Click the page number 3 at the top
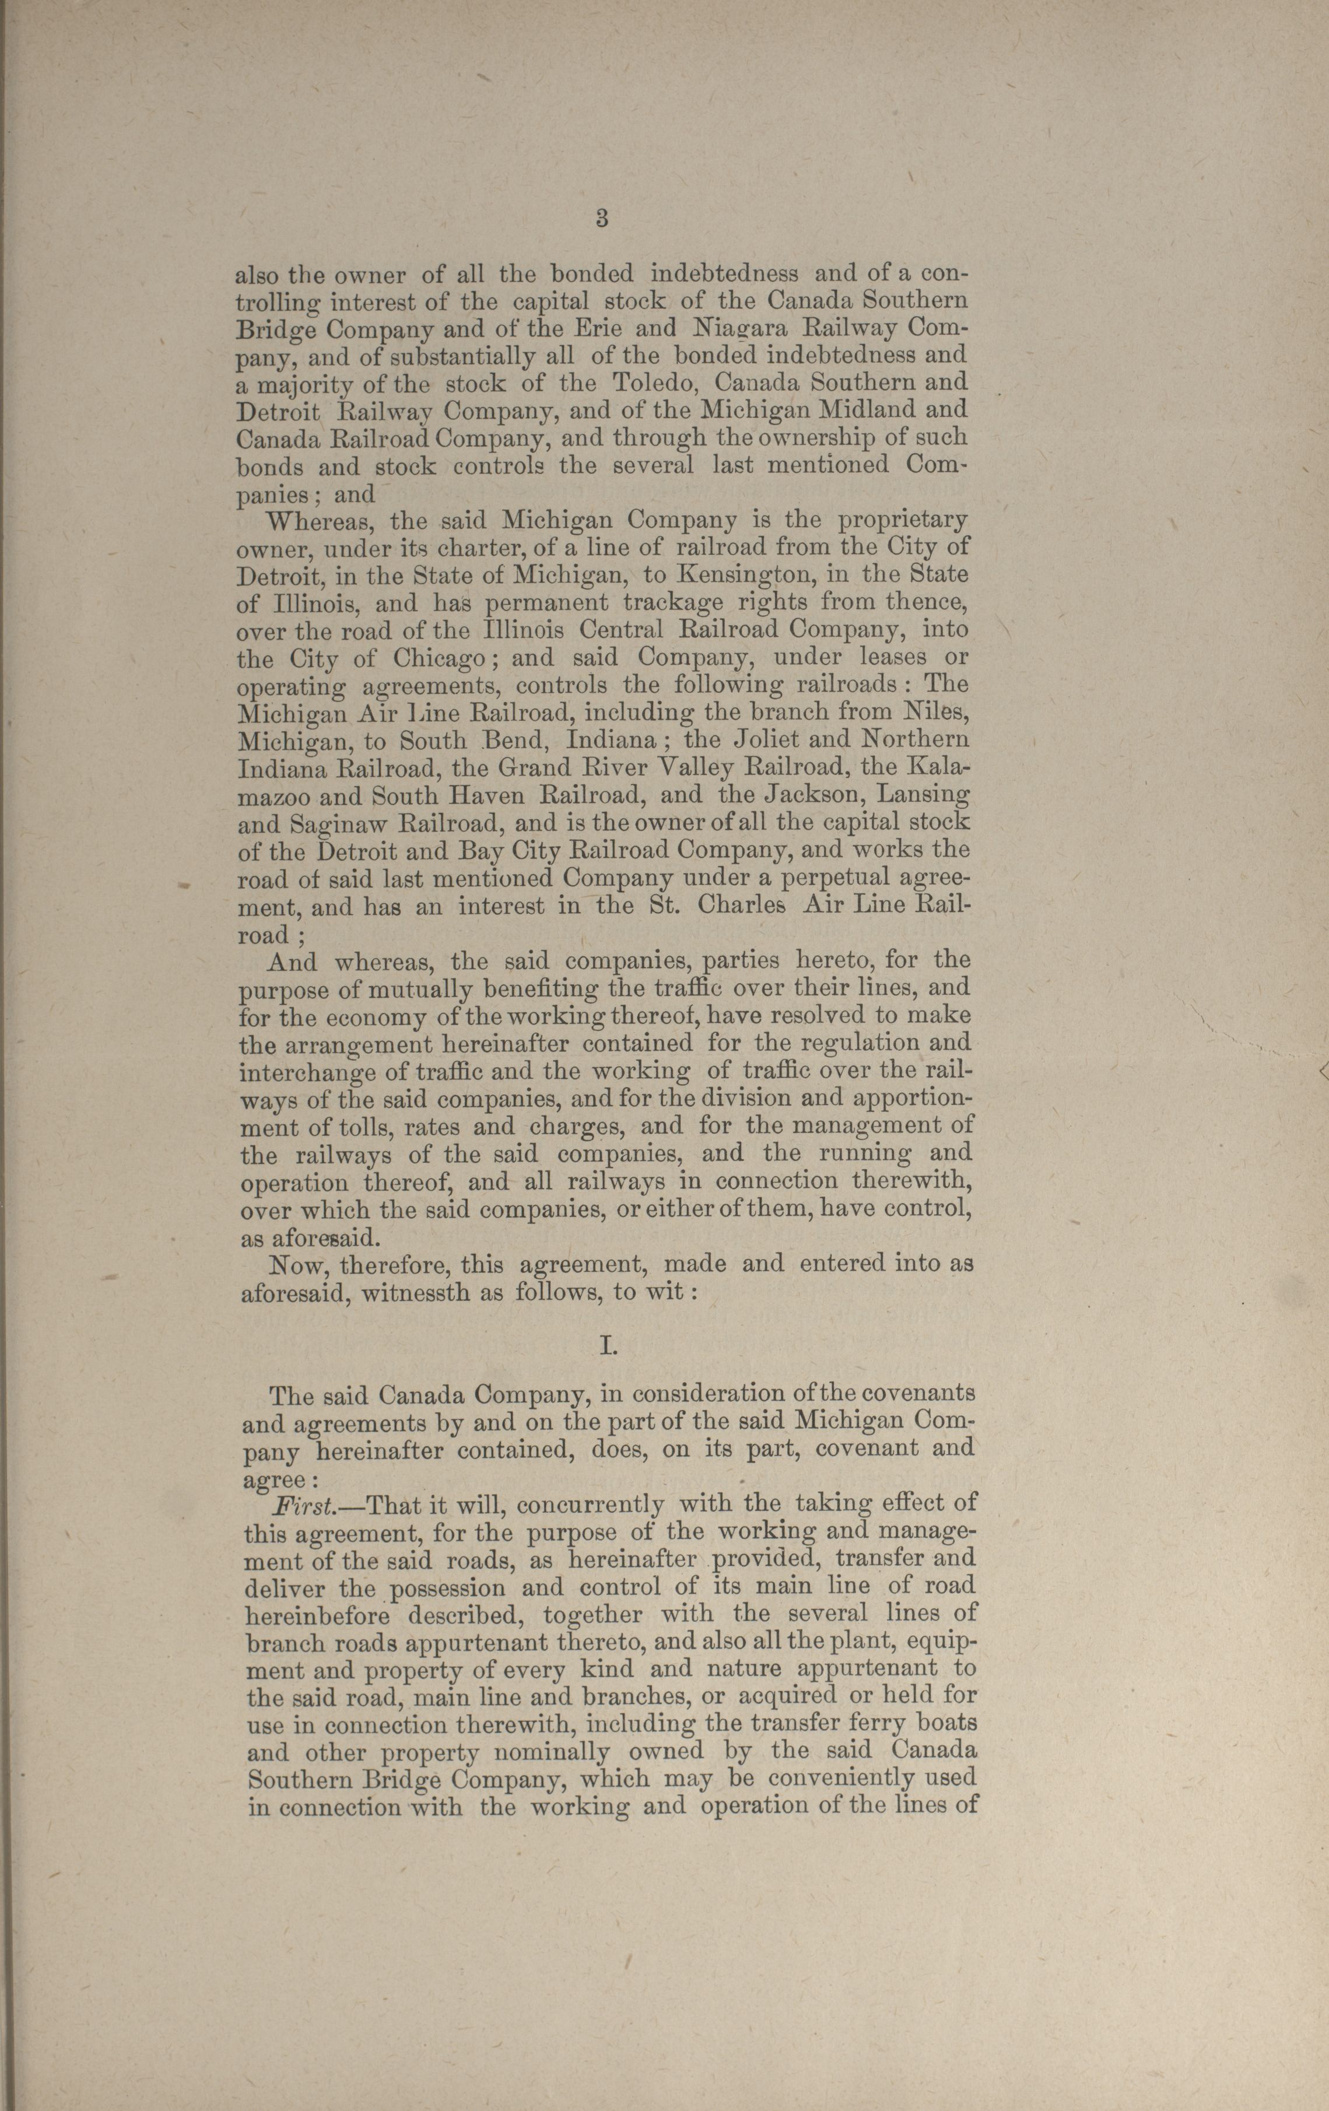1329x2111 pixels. [601, 219]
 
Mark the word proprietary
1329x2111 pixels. [903, 520]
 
